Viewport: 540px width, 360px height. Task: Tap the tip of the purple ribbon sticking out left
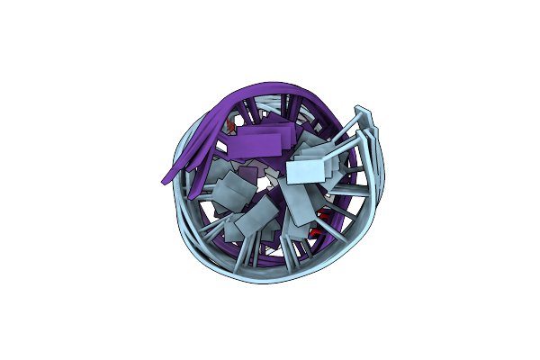[x=165, y=179]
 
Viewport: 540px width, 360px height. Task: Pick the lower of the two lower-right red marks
[x=314, y=231]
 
